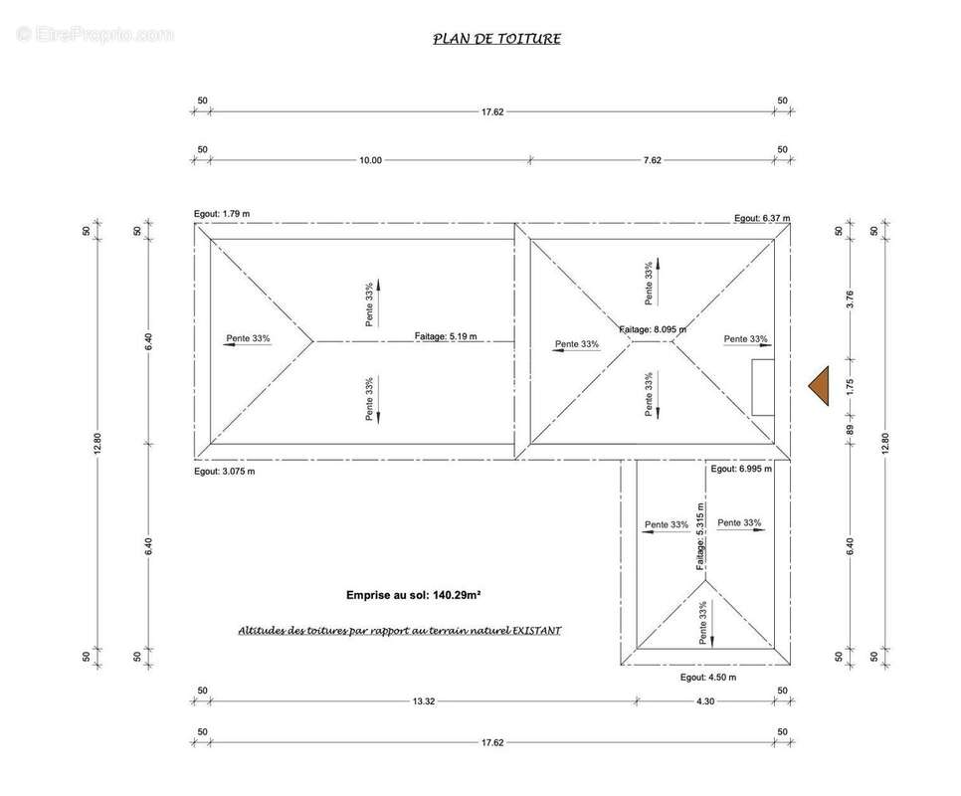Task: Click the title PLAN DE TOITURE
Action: click(x=497, y=39)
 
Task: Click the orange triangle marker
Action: click(x=819, y=386)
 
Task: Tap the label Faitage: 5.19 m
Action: click(x=446, y=336)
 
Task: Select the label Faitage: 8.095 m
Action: click(x=653, y=329)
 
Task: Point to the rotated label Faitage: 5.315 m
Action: click(x=700, y=536)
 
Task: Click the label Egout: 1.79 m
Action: click(x=222, y=214)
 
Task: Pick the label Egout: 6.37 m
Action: click(x=762, y=218)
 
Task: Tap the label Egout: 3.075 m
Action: click(x=224, y=472)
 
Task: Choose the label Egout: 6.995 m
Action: click(x=741, y=469)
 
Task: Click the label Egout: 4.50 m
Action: click(x=708, y=678)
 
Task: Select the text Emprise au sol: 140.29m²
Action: click(x=413, y=594)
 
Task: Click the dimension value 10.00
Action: click(x=370, y=160)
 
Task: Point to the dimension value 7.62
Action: click(x=653, y=160)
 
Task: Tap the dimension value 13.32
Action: click(x=424, y=701)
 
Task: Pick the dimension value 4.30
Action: click(x=705, y=701)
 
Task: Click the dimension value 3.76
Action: click(x=850, y=299)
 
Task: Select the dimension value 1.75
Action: click(x=850, y=387)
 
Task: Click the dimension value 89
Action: click(x=850, y=430)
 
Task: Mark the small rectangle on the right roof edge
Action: click(x=763, y=387)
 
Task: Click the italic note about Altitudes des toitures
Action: click(x=400, y=631)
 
